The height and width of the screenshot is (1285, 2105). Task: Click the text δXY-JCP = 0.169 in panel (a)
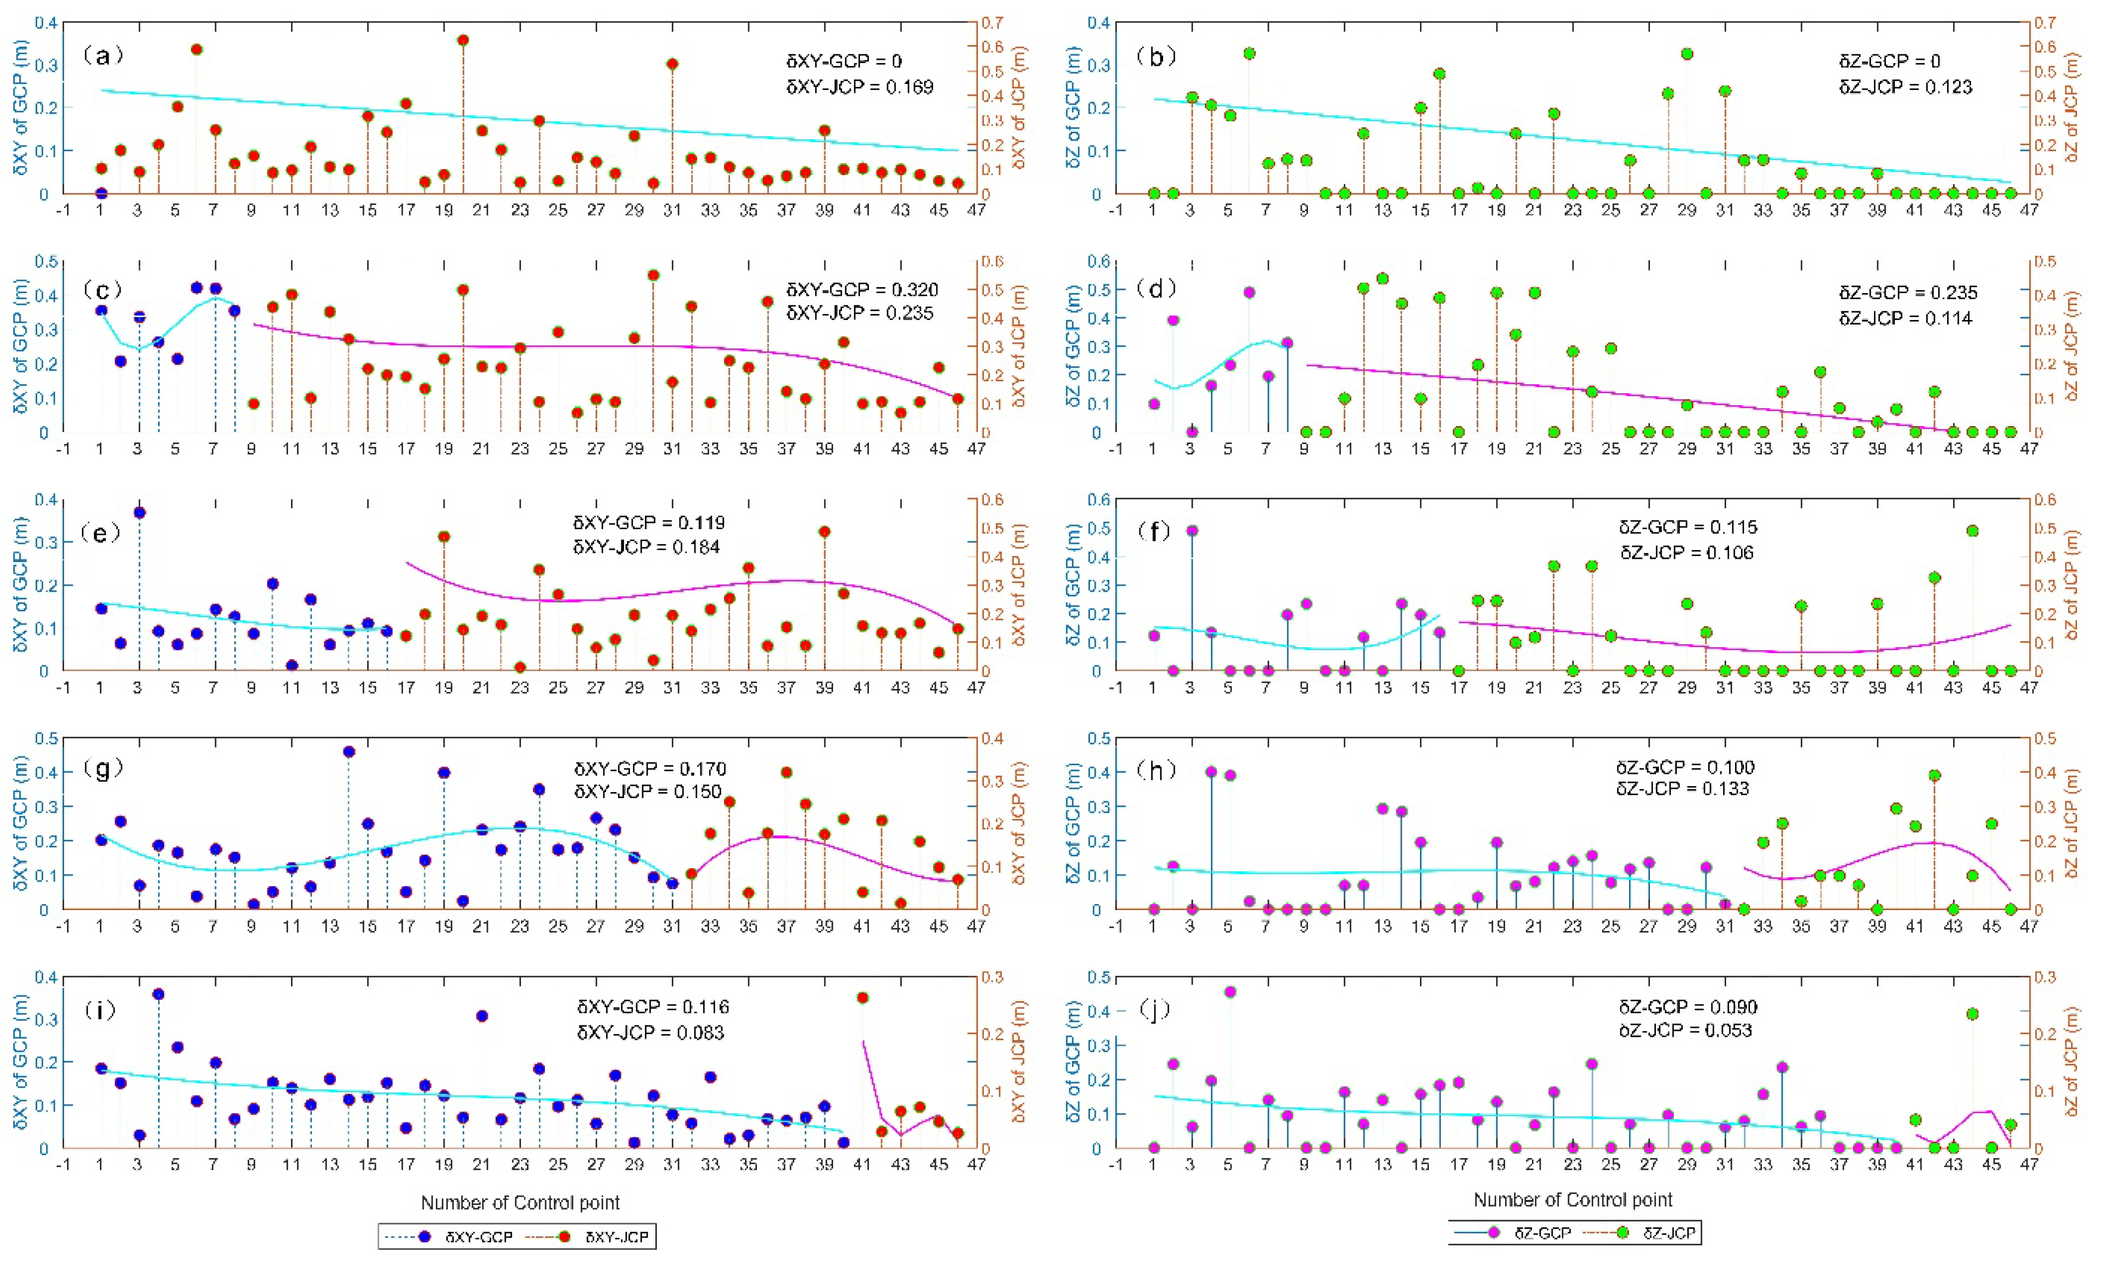coord(860,86)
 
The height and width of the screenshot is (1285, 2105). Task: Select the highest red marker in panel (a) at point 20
coord(463,40)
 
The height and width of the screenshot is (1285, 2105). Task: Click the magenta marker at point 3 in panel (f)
coord(1192,531)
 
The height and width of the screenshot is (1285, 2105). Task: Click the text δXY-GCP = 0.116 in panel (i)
coord(653,1007)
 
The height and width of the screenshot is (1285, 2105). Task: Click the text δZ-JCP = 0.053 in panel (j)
coord(1686,1030)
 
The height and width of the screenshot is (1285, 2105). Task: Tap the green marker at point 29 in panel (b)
coord(1686,54)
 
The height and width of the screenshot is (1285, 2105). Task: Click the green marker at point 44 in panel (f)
coord(1972,531)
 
